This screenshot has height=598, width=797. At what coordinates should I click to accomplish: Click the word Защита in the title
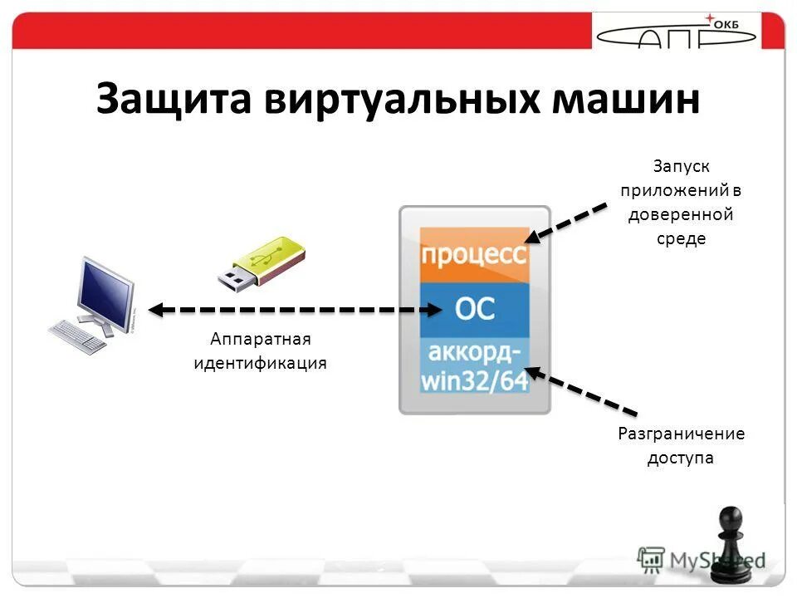coord(172,100)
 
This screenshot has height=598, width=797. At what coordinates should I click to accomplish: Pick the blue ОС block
coord(474,310)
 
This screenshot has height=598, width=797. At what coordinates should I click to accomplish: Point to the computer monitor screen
coord(105,292)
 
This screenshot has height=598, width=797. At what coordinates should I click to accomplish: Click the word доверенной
coord(680,214)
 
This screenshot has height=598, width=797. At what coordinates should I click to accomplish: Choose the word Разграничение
coord(681,434)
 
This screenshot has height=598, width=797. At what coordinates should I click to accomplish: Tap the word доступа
coord(681,458)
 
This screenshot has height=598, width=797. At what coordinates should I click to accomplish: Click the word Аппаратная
coord(260,339)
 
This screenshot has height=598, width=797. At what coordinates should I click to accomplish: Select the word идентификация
coord(260,363)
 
